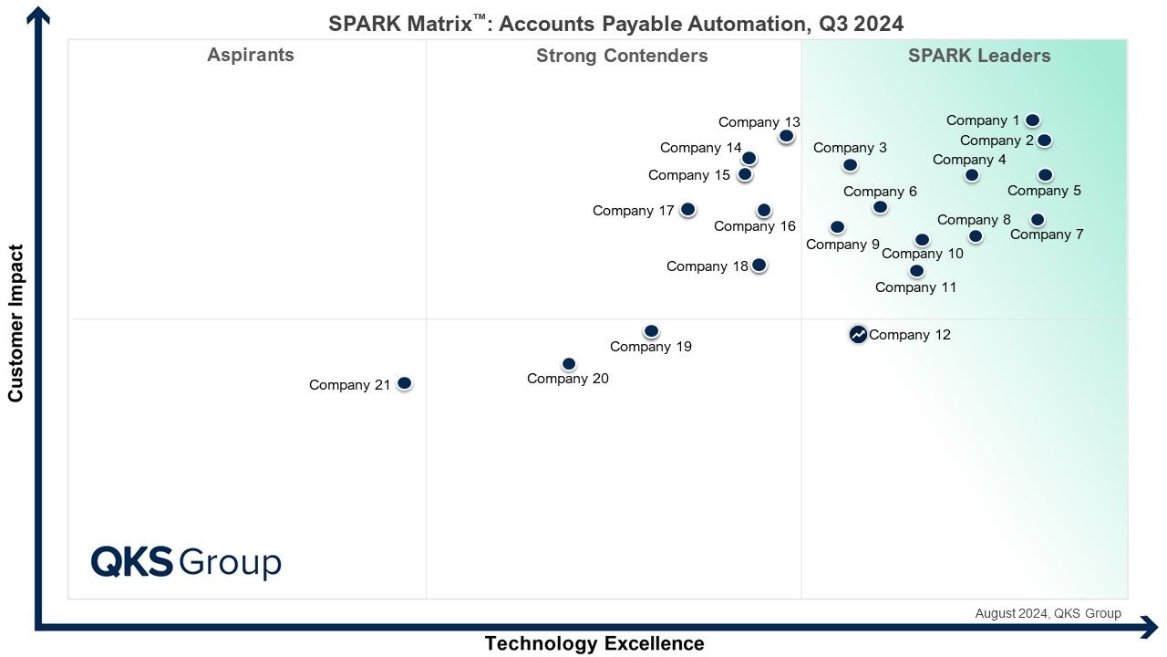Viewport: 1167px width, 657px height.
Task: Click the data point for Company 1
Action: pyautogui.click(x=1032, y=120)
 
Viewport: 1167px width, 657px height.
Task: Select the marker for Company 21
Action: pyautogui.click(x=404, y=383)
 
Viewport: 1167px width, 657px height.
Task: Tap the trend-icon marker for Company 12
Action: pyautogui.click(x=858, y=334)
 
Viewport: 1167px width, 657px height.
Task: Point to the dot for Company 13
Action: pyautogui.click(x=786, y=136)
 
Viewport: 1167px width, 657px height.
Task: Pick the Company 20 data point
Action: pyautogui.click(x=569, y=363)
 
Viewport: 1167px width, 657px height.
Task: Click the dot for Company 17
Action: pyautogui.click(x=687, y=210)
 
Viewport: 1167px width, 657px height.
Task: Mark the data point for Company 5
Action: pyautogui.click(x=1045, y=174)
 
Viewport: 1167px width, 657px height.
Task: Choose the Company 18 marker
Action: pyautogui.click(x=759, y=265)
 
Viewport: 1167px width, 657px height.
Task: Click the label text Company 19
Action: pyautogui.click(x=651, y=347)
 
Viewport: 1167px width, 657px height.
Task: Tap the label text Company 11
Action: pyautogui.click(x=916, y=287)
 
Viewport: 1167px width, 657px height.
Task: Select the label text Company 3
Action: pyautogui.click(x=850, y=148)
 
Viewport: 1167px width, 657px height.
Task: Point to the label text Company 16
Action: pyautogui.click(x=754, y=226)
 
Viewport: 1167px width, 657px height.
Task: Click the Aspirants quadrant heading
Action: pyautogui.click(x=251, y=56)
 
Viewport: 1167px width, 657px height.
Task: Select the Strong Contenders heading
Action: pyautogui.click(x=622, y=56)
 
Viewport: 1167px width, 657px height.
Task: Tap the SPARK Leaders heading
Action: pyautogui.click(x=979, y=56)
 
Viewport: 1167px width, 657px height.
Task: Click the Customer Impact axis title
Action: pyautogui.click(x=15, y=323)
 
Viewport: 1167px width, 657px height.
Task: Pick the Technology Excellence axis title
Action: pyautogui.click(x=594, y=643)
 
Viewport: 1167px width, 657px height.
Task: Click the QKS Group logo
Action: pyautogui.click(x=186, y=562)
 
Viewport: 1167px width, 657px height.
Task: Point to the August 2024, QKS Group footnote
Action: pyautogui.click(x=1048, y=614)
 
